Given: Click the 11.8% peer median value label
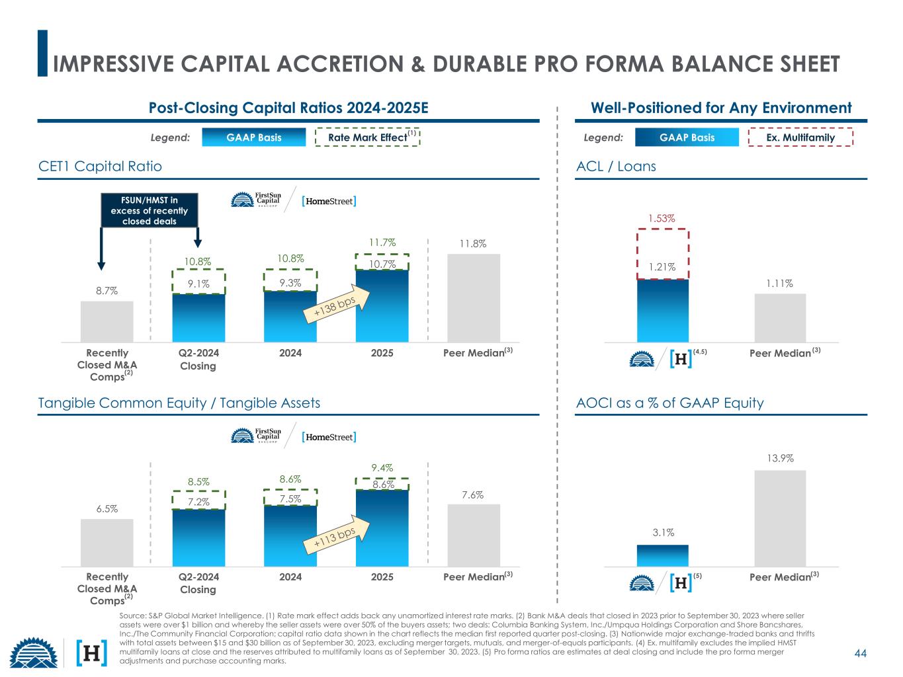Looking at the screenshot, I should click(x=473, y=244).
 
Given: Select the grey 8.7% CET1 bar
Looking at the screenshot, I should click(x=107, y=321).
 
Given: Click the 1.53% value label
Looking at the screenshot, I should click(x=662, y=218).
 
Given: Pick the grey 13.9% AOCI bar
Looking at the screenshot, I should click(x=780, y=518).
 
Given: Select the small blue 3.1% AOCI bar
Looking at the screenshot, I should click(x=662, y=555).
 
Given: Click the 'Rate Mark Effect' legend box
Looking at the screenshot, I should click(x=368, y=138).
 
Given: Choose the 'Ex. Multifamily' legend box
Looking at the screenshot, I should click(x=800, y=138).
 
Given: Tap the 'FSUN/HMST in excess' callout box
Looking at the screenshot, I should click(x=150, y=210).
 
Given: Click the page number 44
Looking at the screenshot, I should click(x=860, y=653).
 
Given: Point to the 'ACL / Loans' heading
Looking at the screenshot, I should click(x=616, y=166).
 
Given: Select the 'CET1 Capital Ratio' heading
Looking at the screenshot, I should click(x=100, y=166).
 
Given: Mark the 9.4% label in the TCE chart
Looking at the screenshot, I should click(x=382, y=468).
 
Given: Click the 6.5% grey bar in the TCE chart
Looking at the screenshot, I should click(x=107, y=542).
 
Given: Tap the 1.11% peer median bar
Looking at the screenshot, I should click(x=780, y=317).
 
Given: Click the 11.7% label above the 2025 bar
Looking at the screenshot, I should click(x=382, y=243).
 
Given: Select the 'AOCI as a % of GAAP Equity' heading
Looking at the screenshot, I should click(x=670, y=403).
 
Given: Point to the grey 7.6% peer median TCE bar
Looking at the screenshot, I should click(x=474, y=535).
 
